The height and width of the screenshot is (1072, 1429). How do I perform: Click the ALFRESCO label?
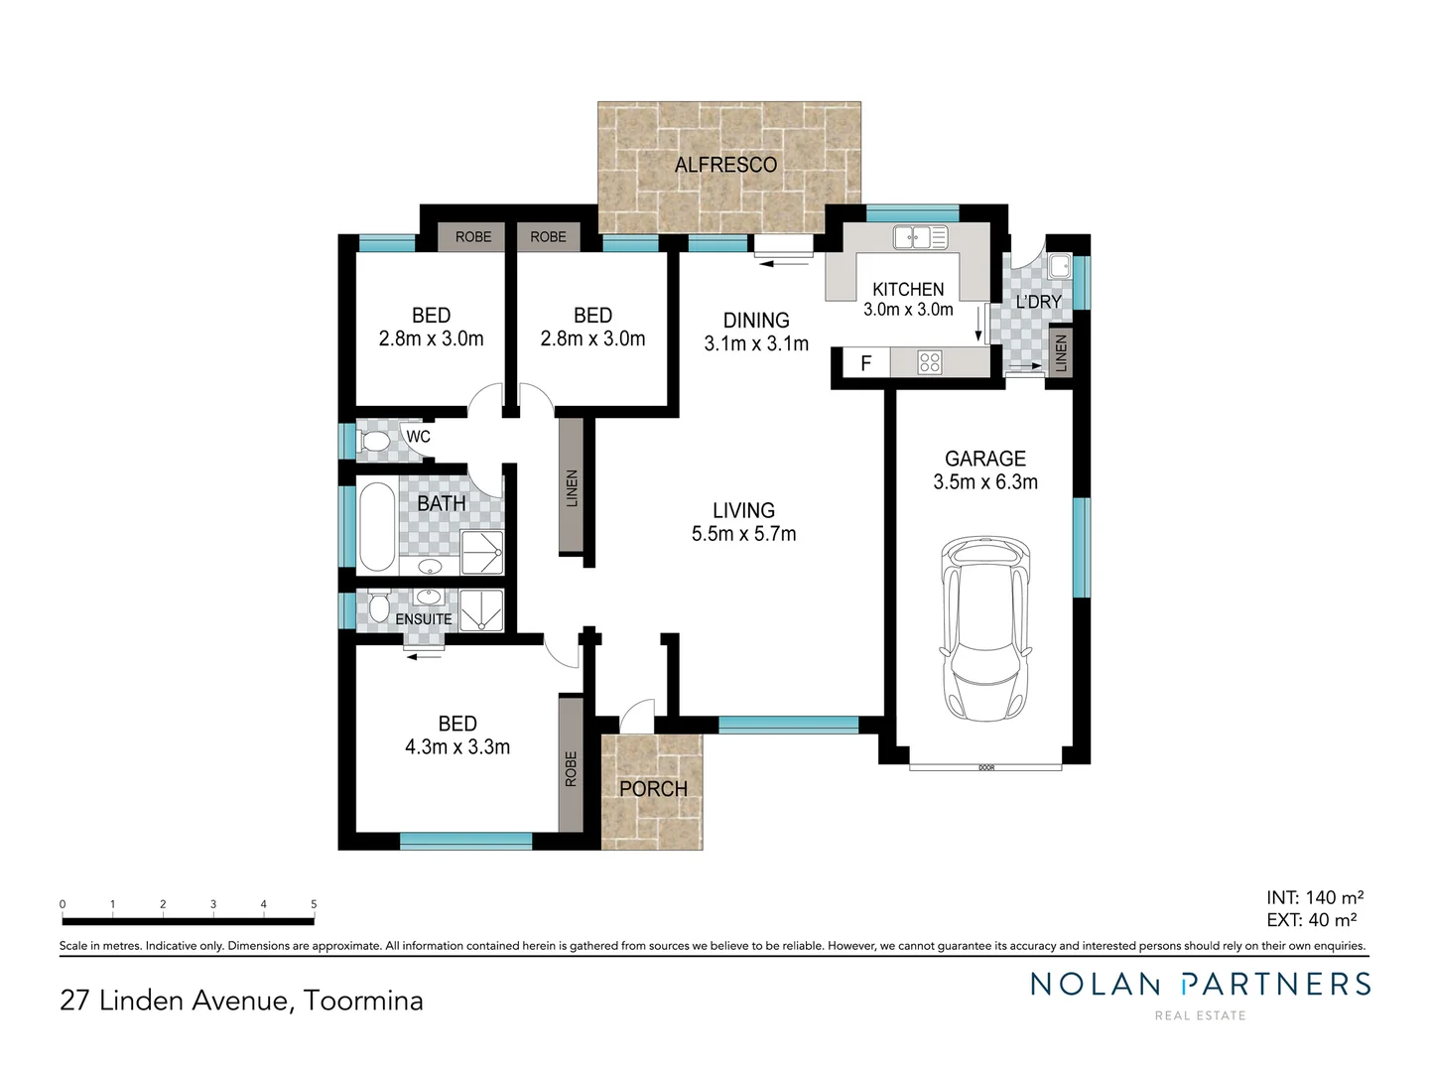[725, 165]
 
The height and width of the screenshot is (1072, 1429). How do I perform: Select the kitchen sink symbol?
[920, 237]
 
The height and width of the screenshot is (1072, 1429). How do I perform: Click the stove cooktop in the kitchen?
[930, 362]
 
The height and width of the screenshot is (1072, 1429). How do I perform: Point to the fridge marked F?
[865, 363]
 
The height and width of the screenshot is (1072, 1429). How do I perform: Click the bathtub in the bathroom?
[376, 526]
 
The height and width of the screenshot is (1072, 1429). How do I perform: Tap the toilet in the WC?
[375, 441]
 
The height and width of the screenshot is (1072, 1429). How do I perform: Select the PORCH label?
[653, 789]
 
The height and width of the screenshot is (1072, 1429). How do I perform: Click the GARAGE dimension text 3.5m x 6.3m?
[985, 482]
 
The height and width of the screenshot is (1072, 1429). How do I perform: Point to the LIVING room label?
[743, 510]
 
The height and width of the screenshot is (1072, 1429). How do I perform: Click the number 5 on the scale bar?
[314, 904]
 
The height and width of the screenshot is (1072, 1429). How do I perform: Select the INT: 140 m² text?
[1314, 897]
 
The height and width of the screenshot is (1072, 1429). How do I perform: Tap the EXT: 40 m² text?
[1311, 920]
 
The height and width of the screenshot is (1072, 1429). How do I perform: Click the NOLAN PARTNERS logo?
[1200, 985]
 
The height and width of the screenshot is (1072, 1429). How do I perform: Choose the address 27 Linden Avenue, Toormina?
[241, 1000]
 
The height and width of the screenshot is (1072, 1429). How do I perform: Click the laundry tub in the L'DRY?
[1060, 265]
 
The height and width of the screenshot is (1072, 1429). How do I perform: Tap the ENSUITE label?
[424, 619]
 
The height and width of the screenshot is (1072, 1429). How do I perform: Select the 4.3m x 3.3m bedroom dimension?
[457, 747]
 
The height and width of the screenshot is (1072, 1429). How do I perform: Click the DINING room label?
[756, 321]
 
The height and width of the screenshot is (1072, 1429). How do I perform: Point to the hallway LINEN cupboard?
[571, 487]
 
